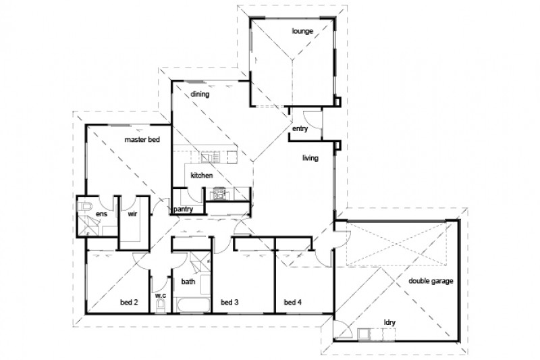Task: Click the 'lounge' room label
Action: pos(301,31)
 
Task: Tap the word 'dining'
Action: pos(199,95)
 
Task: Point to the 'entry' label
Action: pos(300,129)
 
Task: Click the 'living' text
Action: pos(310,158)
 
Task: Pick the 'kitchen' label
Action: pos(202,176)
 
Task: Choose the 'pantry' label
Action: pos(184,210)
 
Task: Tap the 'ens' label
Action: pos(101,214)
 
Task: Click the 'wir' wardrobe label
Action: pos(133,214)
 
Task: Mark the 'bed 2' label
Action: pos(128,302)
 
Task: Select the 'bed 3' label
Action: pos(231,302)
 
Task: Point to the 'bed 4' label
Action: pos(292,302)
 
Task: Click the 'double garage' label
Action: pos(430,280)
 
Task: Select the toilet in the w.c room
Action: pos(160,306)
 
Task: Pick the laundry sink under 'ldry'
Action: pos(369,333)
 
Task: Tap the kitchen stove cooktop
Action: pos(217,195)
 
